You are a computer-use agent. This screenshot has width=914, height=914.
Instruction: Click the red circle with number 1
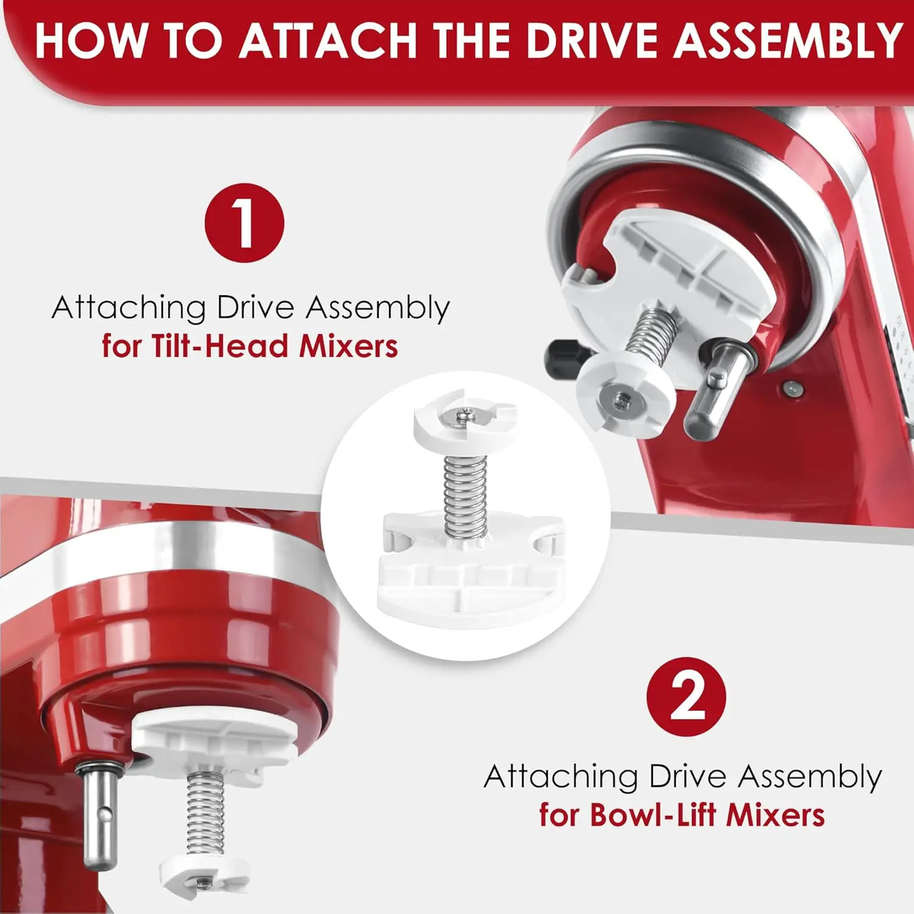pyautogui.click(x=244, y=223)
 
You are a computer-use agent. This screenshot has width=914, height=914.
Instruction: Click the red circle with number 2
pyautogui.click(x=686, y=696)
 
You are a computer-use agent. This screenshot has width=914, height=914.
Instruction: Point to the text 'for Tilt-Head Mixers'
pyautogui.click(x=250, y=346)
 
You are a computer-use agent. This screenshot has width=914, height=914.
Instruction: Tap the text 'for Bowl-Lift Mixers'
pyautogui.click(x=682, y=815)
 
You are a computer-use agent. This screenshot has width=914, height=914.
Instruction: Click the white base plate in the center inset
pyautogui.click(x=466, y=585)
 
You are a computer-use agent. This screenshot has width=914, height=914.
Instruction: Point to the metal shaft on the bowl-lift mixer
pyautogui.click(x=99, y=817)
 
